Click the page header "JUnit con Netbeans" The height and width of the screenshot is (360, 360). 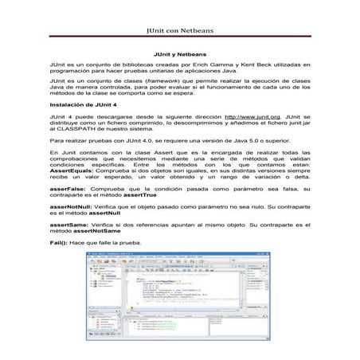click(x=181, y=33)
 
